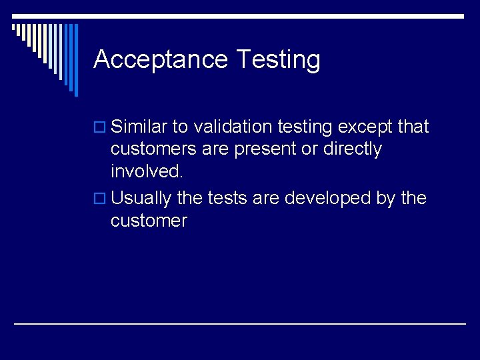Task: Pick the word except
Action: [367, 127]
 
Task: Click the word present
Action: [265, 149]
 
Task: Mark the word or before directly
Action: [309, 149]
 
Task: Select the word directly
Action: [353, 149]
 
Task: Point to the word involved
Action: [147, 171]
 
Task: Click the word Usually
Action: [141, 199]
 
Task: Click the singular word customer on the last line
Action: [149, 221]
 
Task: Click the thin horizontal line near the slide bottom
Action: [240, 323]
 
